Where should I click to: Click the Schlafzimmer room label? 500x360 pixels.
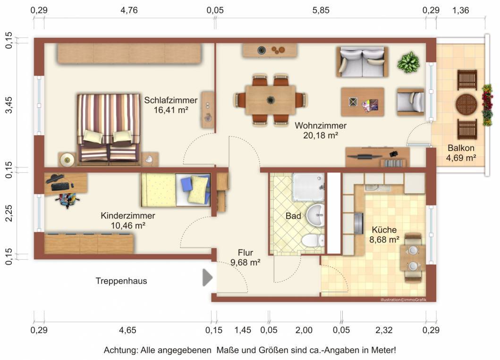pyautogui.click(x=170, y=100)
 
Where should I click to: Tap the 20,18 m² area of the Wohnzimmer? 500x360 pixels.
pyautogui.click(x=321, y=136)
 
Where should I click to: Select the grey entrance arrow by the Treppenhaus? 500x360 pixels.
pyautogui.click(x=208, y=277)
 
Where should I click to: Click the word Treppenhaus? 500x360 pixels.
pyautogui.click(x=121, y=281)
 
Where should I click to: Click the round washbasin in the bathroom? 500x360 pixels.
pyautogui.click(x=316, y=215)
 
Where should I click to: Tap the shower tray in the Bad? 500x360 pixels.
pyautogui.click(x=308, y=187)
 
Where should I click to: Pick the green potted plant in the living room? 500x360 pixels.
pyautogui.click(x=408, y=62)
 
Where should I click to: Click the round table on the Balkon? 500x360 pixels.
pyautogui.click(x=466, y=104)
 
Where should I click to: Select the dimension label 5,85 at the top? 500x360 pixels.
pyautogui.click(x=321, y=10)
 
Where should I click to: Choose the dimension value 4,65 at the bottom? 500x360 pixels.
pyautogui.click(x=127, y=330)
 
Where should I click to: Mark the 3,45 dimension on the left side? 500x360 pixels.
pyautogui.click(x=9, y=105)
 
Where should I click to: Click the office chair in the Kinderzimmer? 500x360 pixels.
pyautogui.click(x=67, y=200)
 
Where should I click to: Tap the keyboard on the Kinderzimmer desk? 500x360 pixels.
pyautogui.click(x=59, y=187)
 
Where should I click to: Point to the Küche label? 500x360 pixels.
pyautogui.click(x=384, y=230)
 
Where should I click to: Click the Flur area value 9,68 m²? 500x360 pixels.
pyautogui.click(x=245, y=263)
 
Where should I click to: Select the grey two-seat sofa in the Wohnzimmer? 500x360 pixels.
pyautogui.click(x=362, y=62)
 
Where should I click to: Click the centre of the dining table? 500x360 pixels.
pyautogui.click(x=271, y=100)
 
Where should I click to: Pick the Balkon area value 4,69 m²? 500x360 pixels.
pyautogui.click(x=461, y=158)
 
